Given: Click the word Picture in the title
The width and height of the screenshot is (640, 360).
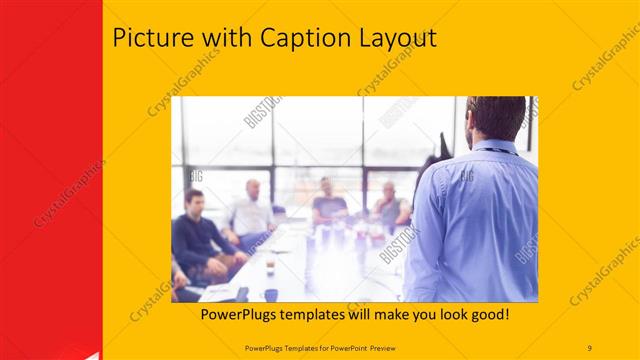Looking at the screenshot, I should click(x=152, y=38).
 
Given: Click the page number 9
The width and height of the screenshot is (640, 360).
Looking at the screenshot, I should click(x=590, y=347).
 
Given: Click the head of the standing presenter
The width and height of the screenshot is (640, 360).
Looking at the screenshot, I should click(x=496, y=116).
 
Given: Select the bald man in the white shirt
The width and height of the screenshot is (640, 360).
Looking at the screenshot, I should click(x=251, y=212).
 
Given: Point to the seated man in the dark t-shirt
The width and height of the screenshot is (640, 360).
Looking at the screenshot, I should click(x=327, y=205).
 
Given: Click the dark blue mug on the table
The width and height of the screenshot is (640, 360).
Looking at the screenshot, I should click(x=271, y=294).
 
